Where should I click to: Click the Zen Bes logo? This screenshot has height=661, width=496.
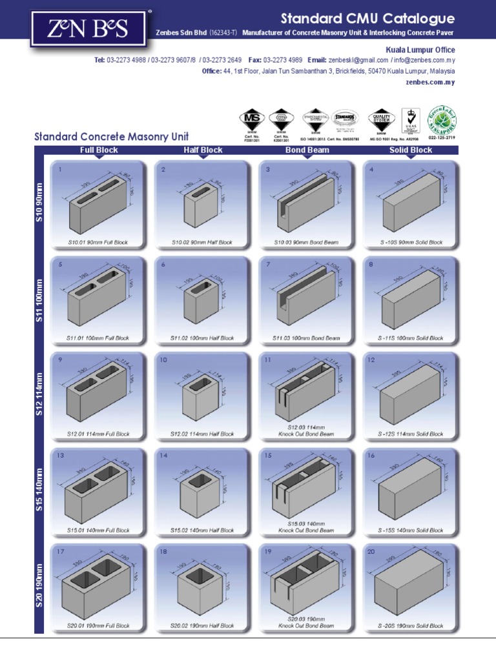[77, 28]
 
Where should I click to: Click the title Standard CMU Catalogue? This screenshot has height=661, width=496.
[367, 19]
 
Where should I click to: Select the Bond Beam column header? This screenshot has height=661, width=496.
[307, 150]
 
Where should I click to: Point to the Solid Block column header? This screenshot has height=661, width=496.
[411, 150]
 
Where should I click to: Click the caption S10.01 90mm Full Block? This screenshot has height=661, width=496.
[98, 243]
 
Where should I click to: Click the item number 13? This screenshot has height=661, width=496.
[61, 456]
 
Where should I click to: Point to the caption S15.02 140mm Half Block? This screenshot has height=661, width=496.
[202, 530]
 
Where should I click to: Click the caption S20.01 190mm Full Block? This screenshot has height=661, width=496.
[98, 625]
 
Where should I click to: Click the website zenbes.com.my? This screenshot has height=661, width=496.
[431, 82]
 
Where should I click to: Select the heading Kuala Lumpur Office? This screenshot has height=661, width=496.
[420, 50]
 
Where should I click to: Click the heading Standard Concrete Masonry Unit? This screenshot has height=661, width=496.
[111, 136]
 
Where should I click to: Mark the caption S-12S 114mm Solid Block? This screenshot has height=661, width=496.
[411, 434]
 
